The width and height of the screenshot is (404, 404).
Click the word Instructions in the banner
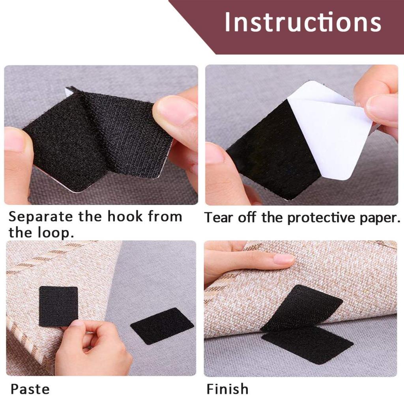pyautogui.click(x=303, y=22)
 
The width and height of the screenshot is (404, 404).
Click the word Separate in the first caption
pyautogui.click(x=41, y=217)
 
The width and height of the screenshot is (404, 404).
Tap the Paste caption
pyautogui.click(x=30, y=389)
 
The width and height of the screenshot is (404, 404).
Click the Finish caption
pyautogui.click(x=227, y=389)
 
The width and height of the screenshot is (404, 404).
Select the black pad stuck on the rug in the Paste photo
pyautogui.click(x=58, y=306)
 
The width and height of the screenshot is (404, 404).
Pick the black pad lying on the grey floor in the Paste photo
pyautogui.click(x=162, y=326)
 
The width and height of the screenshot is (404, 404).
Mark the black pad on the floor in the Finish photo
pyautogui.click(x=307, y=344)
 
